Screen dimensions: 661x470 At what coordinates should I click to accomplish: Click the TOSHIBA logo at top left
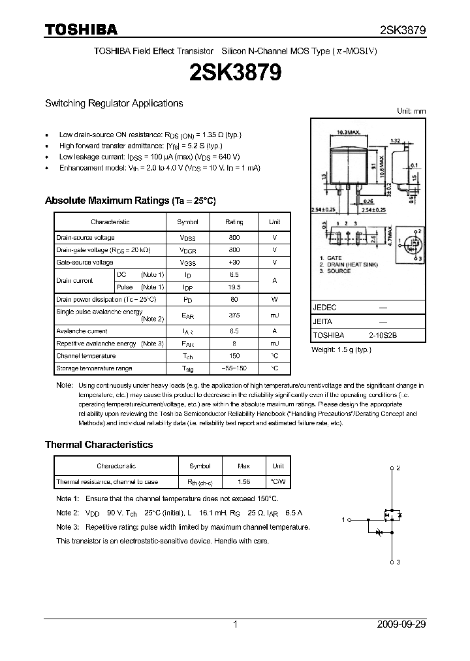pos(81,29)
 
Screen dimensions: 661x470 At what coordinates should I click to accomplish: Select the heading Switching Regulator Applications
pos(114,103)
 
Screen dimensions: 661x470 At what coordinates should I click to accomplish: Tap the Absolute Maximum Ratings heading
pos(130,201)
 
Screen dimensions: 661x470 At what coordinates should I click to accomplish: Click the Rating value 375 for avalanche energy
pos(234,315)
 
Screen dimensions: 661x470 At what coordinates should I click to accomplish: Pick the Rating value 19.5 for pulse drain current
pos(234,287)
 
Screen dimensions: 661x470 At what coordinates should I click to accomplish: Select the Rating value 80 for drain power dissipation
pos(234,299)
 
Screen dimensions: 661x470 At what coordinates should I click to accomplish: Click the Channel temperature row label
pos(86,356)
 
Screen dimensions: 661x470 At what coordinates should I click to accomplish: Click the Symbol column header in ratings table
pos(188,222)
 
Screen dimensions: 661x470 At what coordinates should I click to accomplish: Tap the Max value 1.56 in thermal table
pos(244,481)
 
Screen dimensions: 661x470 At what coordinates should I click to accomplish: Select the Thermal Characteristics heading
pos(99,444)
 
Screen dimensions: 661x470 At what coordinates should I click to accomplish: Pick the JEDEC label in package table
pos(324,306)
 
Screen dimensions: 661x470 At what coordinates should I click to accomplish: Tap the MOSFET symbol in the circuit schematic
pos(390,516)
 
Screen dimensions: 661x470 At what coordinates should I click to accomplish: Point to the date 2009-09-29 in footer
pos(401,624)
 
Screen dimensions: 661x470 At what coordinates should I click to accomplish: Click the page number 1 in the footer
pos(235,624)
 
